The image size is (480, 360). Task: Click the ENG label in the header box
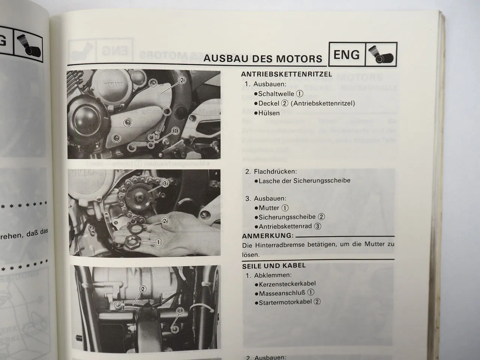(346, 55)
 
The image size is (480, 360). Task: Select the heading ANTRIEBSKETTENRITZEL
(287, 74)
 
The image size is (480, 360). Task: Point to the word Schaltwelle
(276, 94)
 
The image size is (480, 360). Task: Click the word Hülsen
(269, 112)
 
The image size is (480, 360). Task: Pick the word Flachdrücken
(275, 171)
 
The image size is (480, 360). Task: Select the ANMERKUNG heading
(267, 236)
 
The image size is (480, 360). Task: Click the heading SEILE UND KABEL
(274, 265)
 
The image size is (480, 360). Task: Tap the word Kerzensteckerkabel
(287, 284)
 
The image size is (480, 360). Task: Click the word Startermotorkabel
(285, 302)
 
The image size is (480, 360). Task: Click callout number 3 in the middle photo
(165, 184)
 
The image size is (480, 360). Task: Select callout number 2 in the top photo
(182, 80)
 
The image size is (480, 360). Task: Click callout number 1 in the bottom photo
(180, 311)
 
